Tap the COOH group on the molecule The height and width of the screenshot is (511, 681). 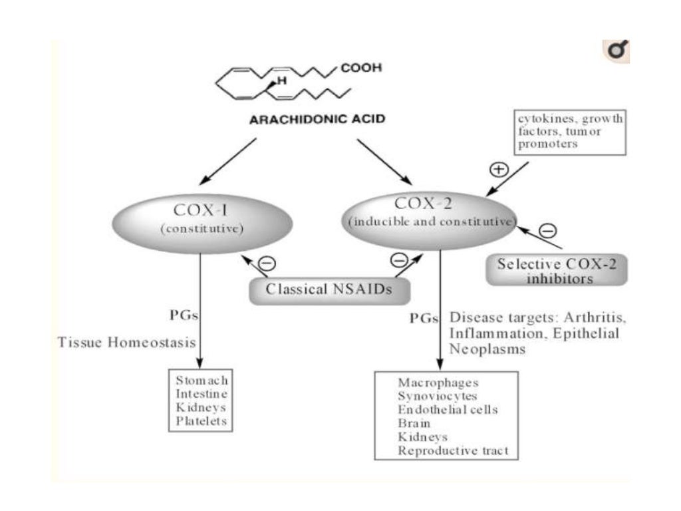(361, 68)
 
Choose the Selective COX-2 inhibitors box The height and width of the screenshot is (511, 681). (556, 270)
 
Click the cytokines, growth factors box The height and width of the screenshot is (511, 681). (570, 132)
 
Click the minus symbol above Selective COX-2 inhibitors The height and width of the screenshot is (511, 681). (547, 231)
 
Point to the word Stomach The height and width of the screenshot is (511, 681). (202, 380)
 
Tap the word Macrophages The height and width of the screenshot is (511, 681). (438, 383)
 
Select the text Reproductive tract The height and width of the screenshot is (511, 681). (453, 450)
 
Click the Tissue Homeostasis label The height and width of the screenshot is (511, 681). (126, 343)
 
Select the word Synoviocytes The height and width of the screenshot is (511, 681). (438, 396)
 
